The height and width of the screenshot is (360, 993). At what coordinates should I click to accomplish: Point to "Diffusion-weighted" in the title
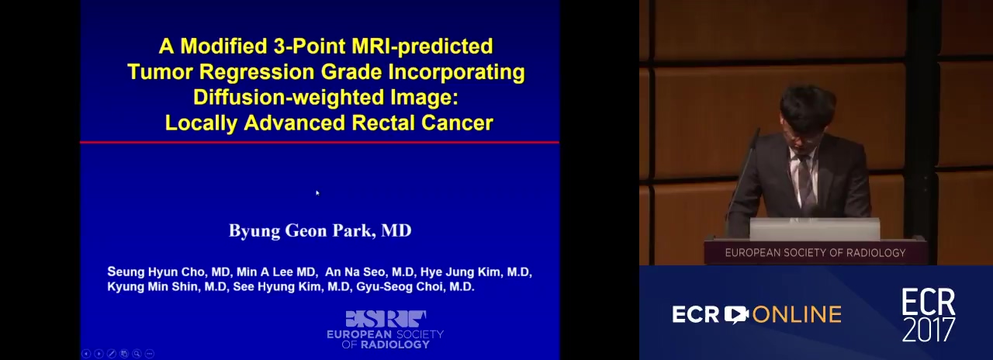[288, 98]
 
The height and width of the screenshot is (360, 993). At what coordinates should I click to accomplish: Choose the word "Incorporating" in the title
[457, 72]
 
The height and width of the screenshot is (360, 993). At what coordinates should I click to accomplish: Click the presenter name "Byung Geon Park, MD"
[320, 230]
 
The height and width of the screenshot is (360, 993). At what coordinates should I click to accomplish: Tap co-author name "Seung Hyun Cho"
[157, 272]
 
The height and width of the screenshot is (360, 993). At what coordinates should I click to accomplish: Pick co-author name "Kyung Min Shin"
[153, 286]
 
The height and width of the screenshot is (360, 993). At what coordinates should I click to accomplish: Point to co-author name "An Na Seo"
[355, 272]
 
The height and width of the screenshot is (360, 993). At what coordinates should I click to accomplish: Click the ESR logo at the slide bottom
[386, 330]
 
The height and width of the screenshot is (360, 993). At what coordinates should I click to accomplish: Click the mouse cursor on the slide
[317, 193]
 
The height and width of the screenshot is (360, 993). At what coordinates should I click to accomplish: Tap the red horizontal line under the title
[320, 142]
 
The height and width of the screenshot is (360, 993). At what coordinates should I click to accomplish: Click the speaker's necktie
[805, 182]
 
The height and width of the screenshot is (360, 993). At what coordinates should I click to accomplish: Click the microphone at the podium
[743, 178]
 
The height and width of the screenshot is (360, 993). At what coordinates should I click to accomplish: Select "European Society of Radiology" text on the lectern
[815, 253]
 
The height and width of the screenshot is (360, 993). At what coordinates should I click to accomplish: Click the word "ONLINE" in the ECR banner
[797, 315]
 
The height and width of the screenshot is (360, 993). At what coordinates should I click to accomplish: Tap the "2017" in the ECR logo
[929, 330]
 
